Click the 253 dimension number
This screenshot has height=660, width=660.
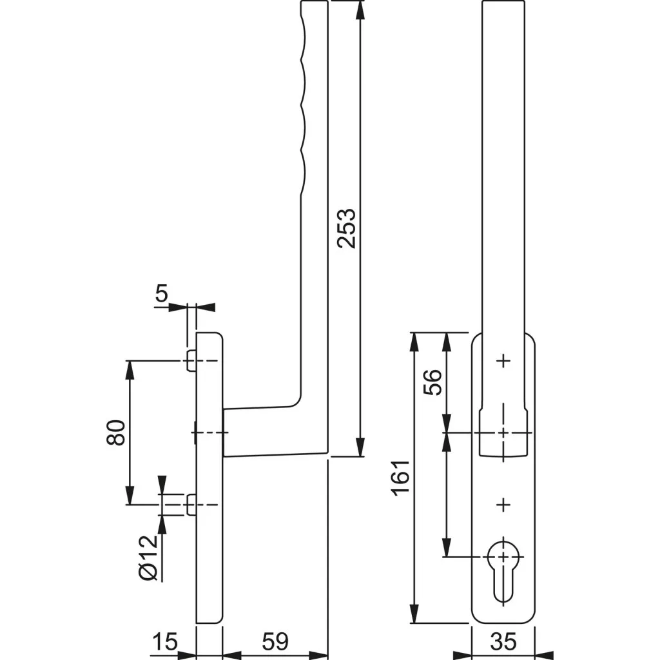[x=347, y=228]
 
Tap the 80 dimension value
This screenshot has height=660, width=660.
[x=116, y=432]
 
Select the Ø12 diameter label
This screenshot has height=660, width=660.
[x=148, y=557]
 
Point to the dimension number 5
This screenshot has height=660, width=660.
[x=161, y=294]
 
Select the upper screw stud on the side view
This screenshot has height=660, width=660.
[x=191, y=361]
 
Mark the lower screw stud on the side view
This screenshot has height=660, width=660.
[x=191, y=505]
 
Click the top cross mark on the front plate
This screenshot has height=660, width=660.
[x=503, y=361]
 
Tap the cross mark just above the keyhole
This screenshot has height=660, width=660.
[x=503, y=504]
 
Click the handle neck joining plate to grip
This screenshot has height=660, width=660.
[x=258, y=431]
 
